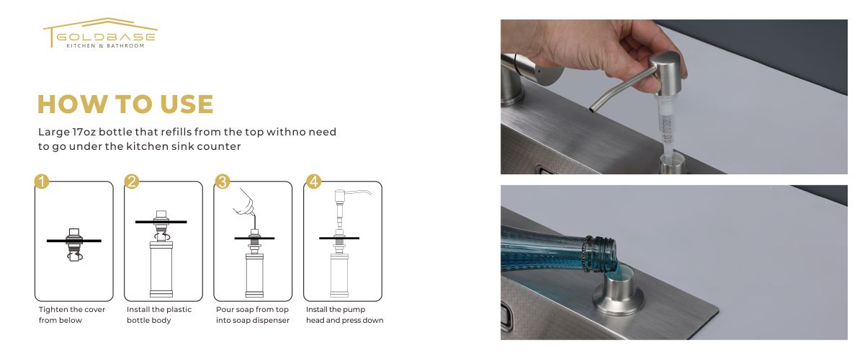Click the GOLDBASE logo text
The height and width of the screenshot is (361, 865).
click(x=106, y=37)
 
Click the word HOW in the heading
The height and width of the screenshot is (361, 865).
click(x=73, y=104)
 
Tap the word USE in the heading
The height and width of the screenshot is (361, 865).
click(x=187, y=104)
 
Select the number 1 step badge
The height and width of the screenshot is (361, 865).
click(x=42, y=181)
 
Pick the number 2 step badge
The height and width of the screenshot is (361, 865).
click(x=132, y=181)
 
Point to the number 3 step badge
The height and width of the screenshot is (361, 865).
click(x=222, y=181)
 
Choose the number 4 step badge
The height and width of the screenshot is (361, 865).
click(x=313, y=181)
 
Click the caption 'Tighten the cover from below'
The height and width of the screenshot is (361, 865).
click(x=72, y=315)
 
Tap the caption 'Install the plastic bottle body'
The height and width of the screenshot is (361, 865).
click(x=159, y=315)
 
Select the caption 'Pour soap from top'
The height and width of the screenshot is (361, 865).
click(x=252, y=310)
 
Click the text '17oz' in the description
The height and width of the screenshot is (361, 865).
click(x=84, y=132)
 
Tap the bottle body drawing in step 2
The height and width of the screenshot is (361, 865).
click(x=161, y=269)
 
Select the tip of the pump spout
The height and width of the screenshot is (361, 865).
click(x=591, y=110)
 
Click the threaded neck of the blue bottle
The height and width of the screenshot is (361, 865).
click(x=599, y=254)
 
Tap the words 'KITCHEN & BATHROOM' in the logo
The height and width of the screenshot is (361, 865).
click(x=105, y=45)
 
